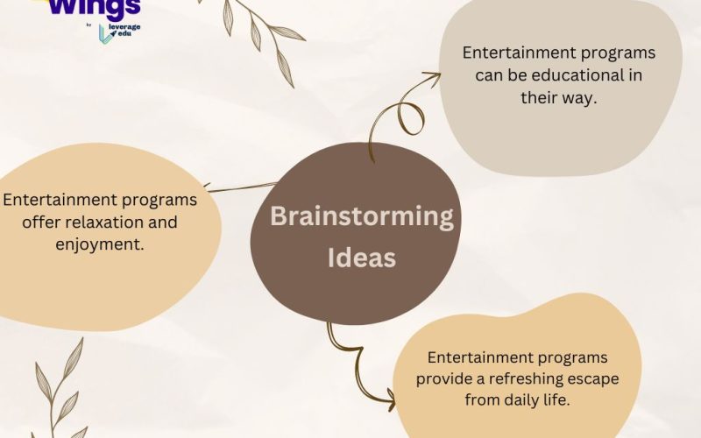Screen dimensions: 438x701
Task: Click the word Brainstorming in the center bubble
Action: point(361,216)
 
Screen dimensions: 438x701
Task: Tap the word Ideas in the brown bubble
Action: point(361,258)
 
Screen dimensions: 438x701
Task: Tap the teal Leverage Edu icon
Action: point(106,33)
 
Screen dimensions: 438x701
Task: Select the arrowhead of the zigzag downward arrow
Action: point(388,401)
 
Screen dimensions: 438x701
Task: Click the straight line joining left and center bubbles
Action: point(240,187)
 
